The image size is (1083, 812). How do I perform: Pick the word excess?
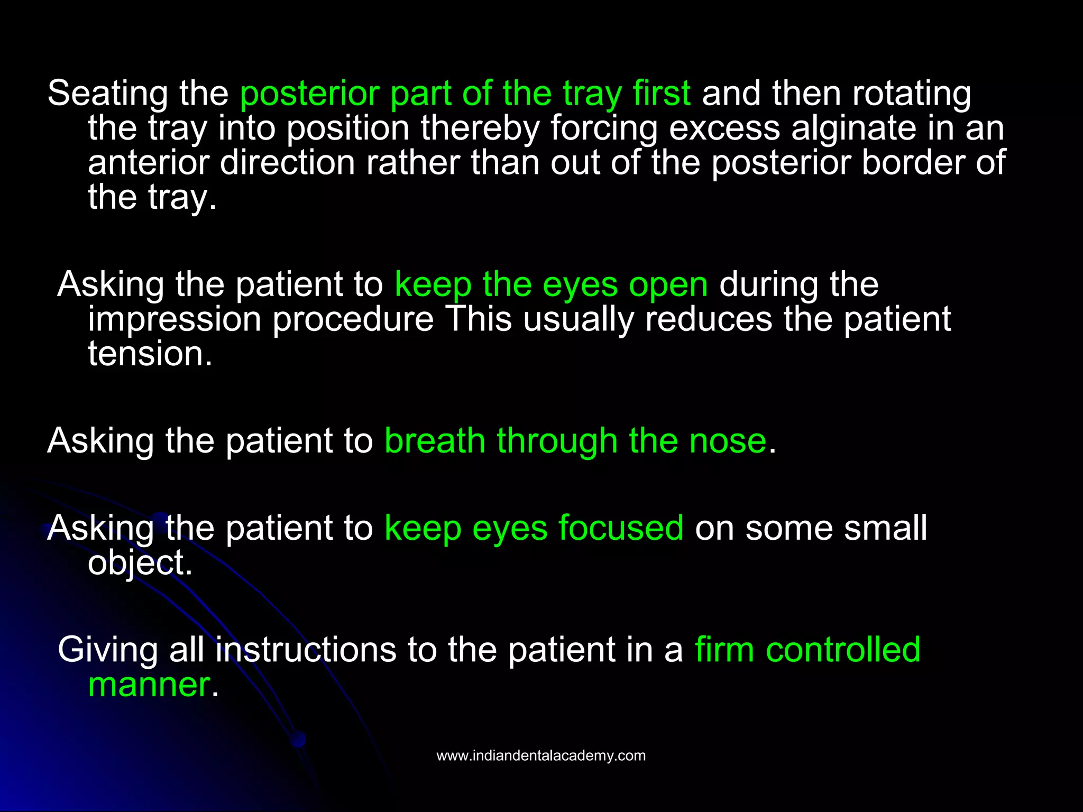(x=724, y=128)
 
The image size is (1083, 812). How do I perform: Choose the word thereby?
(x=480, y=128)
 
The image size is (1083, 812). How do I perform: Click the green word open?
(x=668, y=285)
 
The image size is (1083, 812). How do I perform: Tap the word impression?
(x=175, y=319)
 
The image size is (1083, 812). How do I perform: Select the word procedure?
(x=353, y=320)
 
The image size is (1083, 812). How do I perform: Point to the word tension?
(x=150, y=354)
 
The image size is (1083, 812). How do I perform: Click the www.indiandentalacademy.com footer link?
(x=541, y=755)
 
